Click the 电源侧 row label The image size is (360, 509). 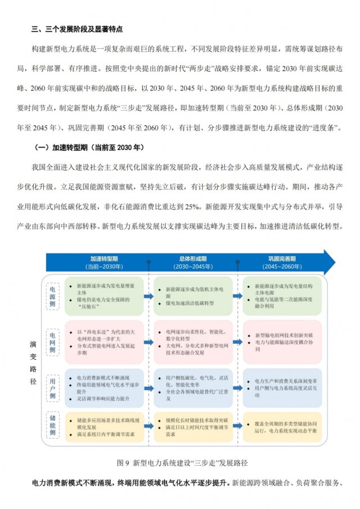tap(52, 295)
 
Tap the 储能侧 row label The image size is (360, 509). tap(52, 429)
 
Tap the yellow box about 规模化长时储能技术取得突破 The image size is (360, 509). tap(192, 427)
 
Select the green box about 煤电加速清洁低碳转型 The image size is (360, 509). tap(192, 296)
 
